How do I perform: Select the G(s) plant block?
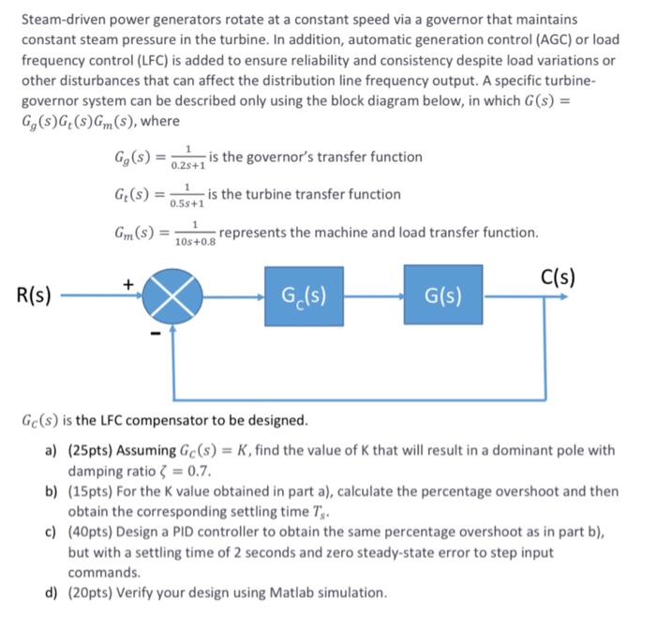tap(443, 296)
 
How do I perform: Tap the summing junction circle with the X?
tap(170, 297)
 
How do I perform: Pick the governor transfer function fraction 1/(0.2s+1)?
tap(190, 157)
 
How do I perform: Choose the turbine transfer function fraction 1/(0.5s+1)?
tap(186, 194)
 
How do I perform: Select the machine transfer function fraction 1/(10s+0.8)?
tap(194, 232)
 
